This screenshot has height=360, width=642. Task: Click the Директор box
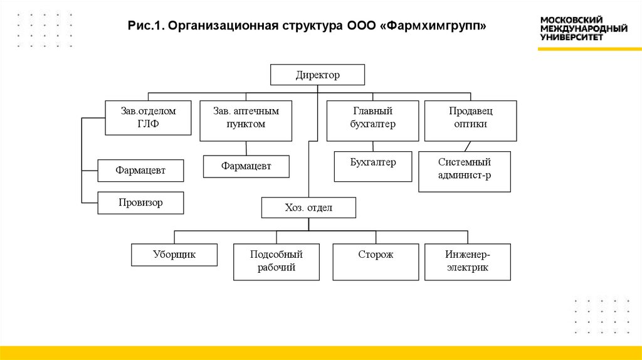[317, 75]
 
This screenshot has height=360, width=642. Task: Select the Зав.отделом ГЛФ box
[148, 117]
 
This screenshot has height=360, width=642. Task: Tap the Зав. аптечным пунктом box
[246, 120]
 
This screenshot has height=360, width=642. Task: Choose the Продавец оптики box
[470, 120]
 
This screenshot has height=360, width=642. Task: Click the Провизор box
[140, 203]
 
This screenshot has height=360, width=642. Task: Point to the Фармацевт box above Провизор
[140, 170]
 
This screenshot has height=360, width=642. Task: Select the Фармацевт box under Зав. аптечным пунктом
[246, 166]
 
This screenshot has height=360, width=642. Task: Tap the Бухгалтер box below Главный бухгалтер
[372, 166]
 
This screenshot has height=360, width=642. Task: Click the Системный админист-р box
[464, 172]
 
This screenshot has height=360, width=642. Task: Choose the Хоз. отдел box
[308, 208]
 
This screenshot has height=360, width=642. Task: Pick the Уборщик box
[174, 255]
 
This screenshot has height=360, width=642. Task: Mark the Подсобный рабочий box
[276, 262]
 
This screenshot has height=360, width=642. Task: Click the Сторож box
[376, 262]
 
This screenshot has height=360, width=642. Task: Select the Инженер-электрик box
[467, 262]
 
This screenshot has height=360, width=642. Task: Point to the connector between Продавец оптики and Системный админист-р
[466, 147]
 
